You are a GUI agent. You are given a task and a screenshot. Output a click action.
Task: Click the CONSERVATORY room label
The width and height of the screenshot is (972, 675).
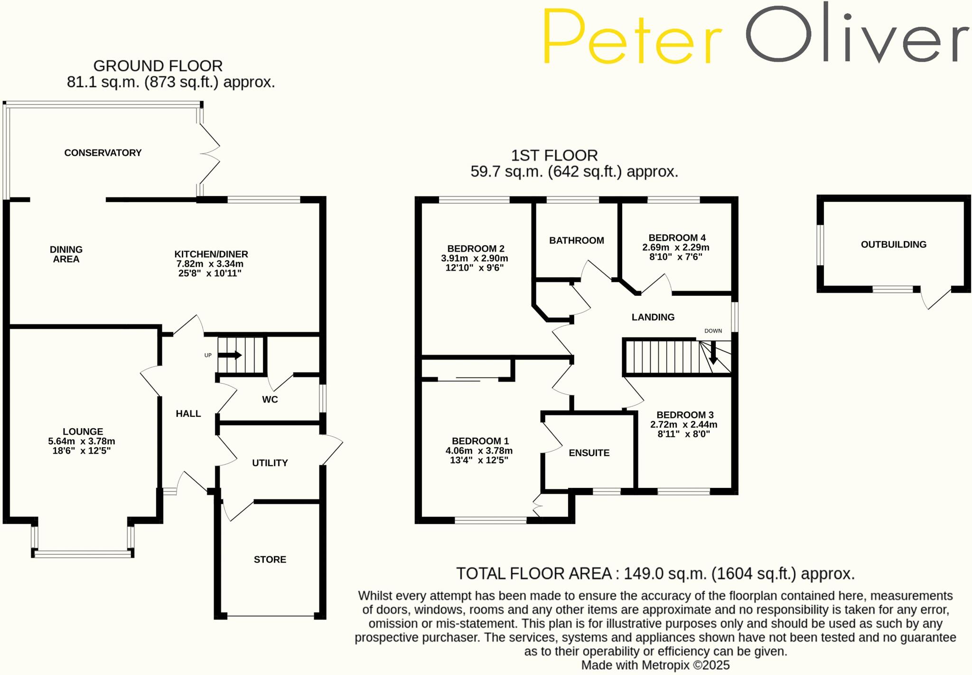pyautogui.click(x=103, y=153)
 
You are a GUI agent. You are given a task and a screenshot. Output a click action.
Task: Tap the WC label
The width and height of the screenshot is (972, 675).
pyautogui.click(x=270, y=400)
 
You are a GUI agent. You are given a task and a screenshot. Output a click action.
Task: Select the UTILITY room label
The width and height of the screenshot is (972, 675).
pyautogui.click(x=270, y=463)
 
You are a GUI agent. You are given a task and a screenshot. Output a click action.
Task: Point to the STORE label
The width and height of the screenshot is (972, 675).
pyautogui.click(x=270, y=560)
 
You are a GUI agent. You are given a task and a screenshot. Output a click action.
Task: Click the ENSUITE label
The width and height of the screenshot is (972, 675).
pyautogui.click(x=589, y=453)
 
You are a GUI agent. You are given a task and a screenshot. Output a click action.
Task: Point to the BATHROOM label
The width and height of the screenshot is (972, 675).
pyautogui.click(x=577, y=241)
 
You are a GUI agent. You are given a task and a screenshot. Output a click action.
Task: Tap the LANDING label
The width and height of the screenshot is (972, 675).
pyautogui.click(x=653, y=317)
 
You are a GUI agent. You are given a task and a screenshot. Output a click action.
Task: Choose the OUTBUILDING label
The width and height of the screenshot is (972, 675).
pyautogui.click(x=894, y=244)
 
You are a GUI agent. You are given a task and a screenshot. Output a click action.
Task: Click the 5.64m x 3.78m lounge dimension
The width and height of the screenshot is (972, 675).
pyautogui.click(x=82, y=441)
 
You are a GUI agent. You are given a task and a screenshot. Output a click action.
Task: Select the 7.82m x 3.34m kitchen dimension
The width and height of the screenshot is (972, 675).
pyautogui.click(x=210, y=264)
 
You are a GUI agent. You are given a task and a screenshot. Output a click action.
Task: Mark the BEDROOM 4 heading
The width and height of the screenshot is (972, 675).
pyautogui.click(x=677, y=238)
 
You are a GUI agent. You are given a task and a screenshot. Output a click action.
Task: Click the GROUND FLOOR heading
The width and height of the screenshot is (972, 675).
pyautogui.click(x=158, y=66)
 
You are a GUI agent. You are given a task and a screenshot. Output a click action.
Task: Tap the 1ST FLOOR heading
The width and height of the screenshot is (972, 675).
pyautogui.click(x=554, y=155)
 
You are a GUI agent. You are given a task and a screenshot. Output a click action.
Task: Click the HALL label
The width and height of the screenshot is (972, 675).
pyautogui.click(x=188, y=414)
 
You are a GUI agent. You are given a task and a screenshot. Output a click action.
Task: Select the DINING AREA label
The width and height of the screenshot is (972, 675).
pyautogui.click(x=66, y=254)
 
